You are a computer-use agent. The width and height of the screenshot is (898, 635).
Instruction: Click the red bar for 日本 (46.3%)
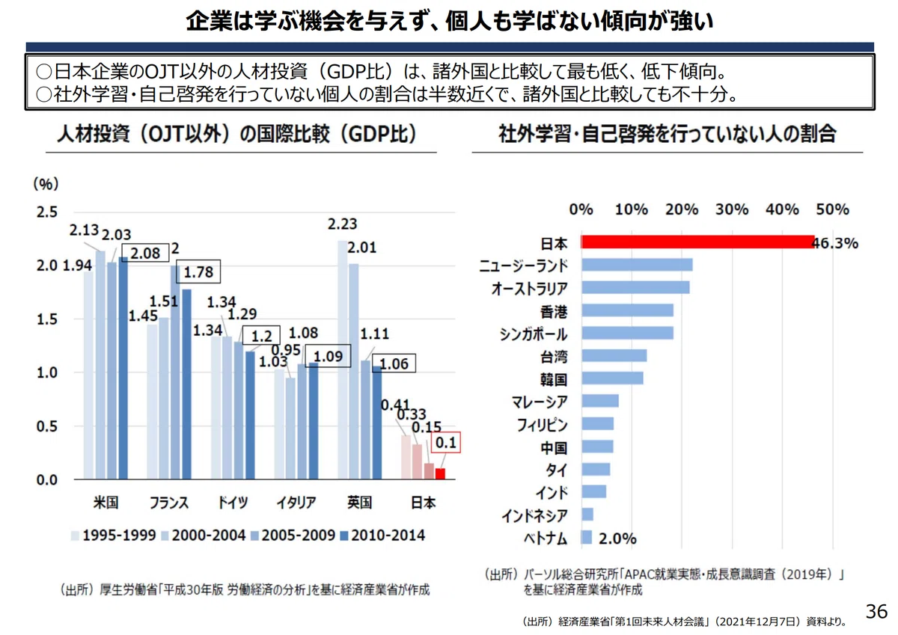tap(698, 242)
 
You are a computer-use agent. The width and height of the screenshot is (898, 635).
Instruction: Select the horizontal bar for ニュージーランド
tap(637, 265)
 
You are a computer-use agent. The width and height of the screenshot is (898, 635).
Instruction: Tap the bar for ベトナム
tap(587, 538)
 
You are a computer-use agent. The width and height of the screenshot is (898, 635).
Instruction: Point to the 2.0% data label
tap(617, 539)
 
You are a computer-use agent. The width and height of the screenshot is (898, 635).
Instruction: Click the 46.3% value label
tap(835, 243)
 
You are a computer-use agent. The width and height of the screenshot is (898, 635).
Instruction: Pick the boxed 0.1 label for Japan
tap(446, 442)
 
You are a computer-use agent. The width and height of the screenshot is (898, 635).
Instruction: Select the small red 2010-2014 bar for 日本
tap(440, 473)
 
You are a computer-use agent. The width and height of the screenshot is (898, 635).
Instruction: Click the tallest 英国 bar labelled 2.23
tap(343, 360)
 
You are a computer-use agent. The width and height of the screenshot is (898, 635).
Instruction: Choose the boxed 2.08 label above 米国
tap(145, 253)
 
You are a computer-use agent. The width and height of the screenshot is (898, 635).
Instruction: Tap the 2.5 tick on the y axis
tap(47, 212)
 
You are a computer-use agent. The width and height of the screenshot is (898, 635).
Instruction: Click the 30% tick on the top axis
tap(732, 209)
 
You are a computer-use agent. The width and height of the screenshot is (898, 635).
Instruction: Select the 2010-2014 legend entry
tap(382, 536)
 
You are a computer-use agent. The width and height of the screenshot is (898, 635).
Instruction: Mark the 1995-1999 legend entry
tap(114, 536)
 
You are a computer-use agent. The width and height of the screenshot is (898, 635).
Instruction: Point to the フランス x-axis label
tap(169, 503)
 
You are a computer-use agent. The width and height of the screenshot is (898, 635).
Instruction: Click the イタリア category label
tap(296, 503)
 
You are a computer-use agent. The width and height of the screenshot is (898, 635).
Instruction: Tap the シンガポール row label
tap(534, 334)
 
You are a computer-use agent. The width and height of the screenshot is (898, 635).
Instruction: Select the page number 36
tap(876, 611)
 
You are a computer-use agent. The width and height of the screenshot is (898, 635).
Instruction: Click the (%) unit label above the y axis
tap(46, 184)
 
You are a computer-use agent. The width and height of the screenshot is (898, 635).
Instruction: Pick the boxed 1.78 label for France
tap(198, 272)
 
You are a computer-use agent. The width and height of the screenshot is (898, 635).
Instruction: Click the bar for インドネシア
tap(587, 514)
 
